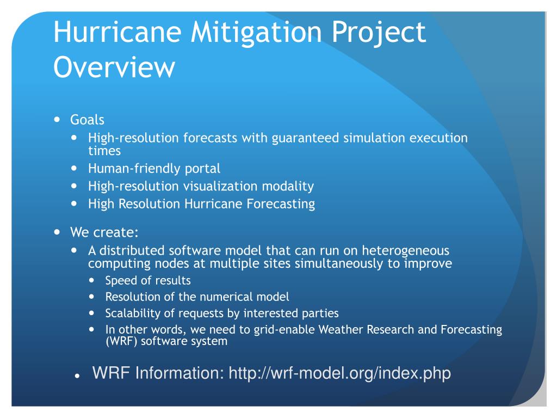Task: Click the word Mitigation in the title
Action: click(256, 33)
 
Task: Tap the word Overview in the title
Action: click(114, 66)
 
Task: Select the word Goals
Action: click(87, 120)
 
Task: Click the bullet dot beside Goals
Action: click(57, 119)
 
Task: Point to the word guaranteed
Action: click(305, 138)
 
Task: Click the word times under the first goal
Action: click(104, 151)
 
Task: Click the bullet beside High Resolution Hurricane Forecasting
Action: click(74, 204)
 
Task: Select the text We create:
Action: click(104, 232)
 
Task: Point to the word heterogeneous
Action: click(405, 250)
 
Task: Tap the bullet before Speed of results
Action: click(91, 280)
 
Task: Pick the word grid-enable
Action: click(284, 329)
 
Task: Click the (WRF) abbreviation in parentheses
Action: click(121, 341)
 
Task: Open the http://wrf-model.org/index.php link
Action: click(339, 373)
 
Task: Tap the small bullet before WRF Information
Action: click(77, 377)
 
